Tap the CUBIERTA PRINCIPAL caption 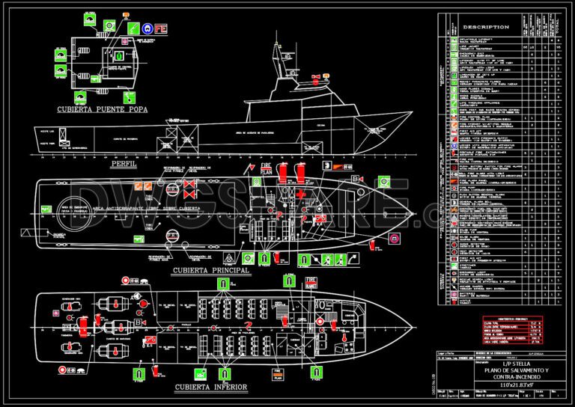point(210,270)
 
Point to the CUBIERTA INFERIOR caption point(212,388)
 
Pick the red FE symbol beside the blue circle point(160,29)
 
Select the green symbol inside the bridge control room point(118,55)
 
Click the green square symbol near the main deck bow point(383,181)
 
